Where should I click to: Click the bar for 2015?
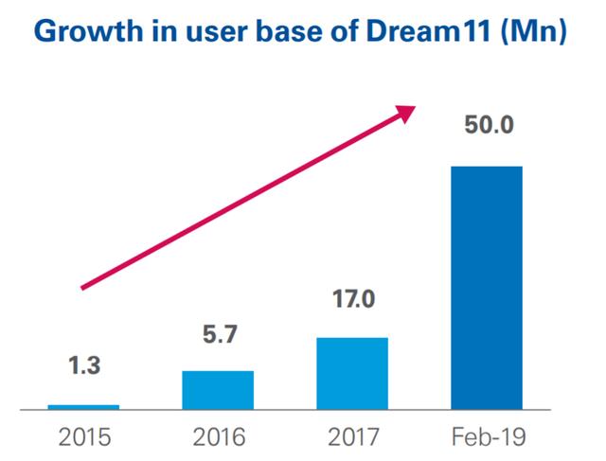[83, 406]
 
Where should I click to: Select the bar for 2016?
[217, 389]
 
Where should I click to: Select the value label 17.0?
[351, 301]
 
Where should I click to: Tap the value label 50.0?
[486, 125]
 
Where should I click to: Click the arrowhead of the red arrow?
[407, 112]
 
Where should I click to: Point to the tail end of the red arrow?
[83, 287]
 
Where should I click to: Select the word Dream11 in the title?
[451, 31]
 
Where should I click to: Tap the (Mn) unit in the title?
[542, 31]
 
